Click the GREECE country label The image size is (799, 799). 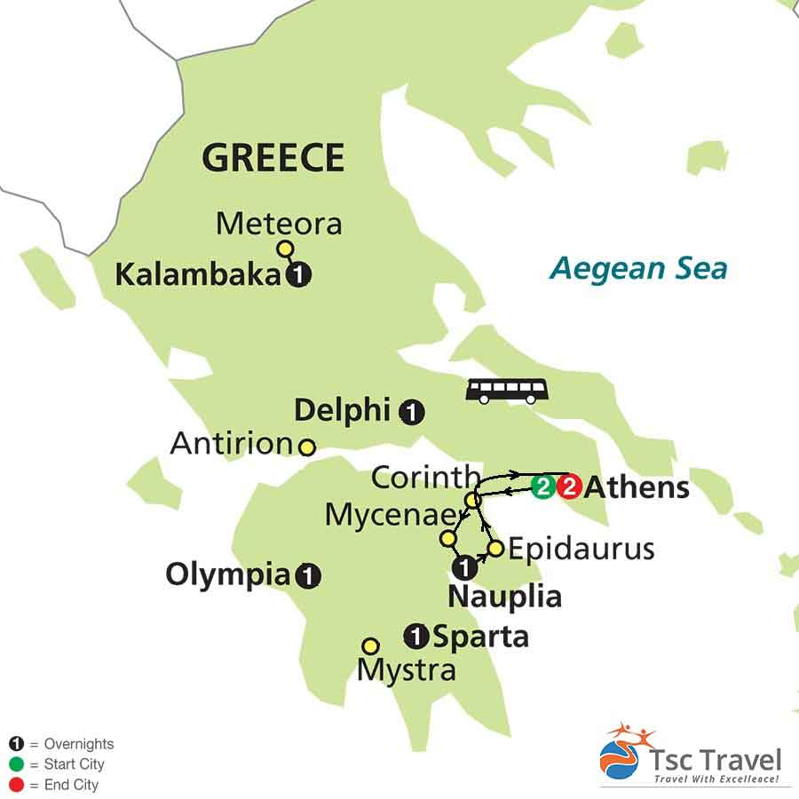(x=273, y=158)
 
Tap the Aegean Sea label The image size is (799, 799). (x=637, y=267)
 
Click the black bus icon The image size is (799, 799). (x=507, y=390)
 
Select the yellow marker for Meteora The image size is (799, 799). (x=285, y=249)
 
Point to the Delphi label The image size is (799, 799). (x=342, y=410)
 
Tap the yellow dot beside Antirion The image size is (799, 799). (x=306, y=447)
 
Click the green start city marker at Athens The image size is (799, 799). (x=542, y=487)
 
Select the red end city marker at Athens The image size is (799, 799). (x=568, y=487)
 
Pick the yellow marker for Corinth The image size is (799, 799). (x=472, y=501)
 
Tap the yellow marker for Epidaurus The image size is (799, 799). (x=495, y=549)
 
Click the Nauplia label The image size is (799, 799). (x=504, y=596)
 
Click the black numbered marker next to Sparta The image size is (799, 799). (x=415, y=636)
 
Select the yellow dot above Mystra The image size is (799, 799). (x=370, y=645)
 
